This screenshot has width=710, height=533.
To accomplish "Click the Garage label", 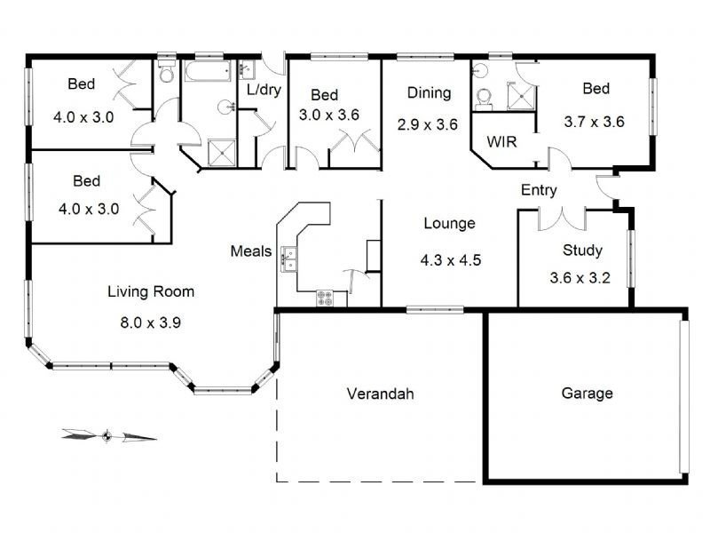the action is (x=587, y=393).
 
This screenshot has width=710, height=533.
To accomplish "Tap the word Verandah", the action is (x=381, y=394).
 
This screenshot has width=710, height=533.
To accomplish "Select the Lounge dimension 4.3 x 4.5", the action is (x=451, y=260).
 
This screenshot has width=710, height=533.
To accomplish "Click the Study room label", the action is (x=582, y=251).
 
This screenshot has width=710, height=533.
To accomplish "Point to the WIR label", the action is (x=501, y=142).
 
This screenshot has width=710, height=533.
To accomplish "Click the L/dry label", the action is (x=264, y=90).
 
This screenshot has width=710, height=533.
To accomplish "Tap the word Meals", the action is (x=251, y=251).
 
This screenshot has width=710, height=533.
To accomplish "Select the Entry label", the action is (x=539, y=190).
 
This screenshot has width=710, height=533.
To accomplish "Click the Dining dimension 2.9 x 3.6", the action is (x=428, y=124).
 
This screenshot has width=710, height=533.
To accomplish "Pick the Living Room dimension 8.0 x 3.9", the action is (x=150, y=322).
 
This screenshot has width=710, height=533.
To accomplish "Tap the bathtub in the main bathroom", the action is (x=208, y=71).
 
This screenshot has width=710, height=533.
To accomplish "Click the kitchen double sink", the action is (x=288, y=259).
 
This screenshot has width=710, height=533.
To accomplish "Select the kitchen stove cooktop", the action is (x=325, y=298).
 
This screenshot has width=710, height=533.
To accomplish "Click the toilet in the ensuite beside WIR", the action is (x=484, y=99).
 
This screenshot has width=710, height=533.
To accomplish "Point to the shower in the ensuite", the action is (x=521, y=96).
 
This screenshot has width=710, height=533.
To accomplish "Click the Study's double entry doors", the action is (x=563, y=219).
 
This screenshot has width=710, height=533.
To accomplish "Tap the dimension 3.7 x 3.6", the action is (x=594, y=122).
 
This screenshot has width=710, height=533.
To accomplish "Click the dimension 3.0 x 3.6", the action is (x=329, y=115).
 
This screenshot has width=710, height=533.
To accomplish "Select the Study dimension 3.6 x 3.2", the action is (x=580, y=277).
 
